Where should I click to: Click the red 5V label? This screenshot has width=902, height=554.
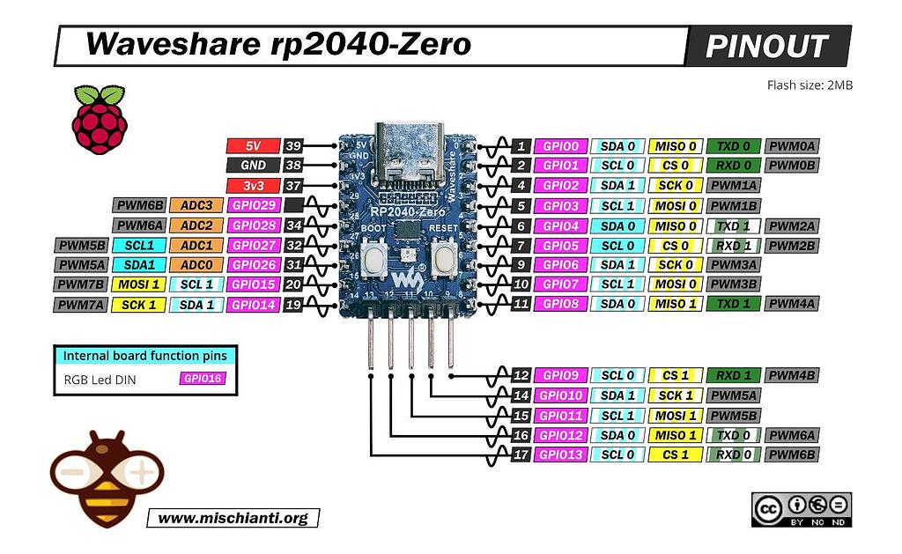pos(253,146)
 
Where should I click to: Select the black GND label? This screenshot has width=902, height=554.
pos(253,166)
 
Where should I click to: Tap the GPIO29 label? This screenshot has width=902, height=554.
pos(253,205)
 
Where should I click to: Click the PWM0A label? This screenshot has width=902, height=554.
pos(792,146)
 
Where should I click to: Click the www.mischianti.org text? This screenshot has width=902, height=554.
pos(233,518)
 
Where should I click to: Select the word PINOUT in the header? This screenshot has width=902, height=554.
pos(767,46)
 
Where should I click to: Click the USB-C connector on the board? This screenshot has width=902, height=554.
pos(406,151)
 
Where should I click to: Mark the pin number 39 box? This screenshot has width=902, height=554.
pos(293,146)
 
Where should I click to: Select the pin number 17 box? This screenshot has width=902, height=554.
pos(521,454)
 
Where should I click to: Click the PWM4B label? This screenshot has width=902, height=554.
pos(792,375)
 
